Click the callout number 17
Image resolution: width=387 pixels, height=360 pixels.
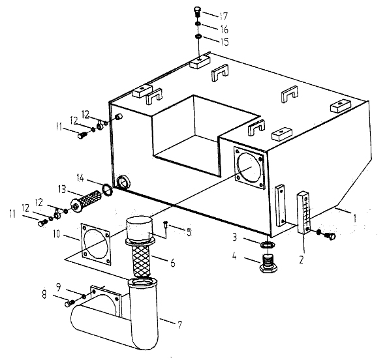point(223,16)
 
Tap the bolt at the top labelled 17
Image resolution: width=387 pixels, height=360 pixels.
point(196,12)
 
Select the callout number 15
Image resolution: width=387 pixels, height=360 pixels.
point(224,42)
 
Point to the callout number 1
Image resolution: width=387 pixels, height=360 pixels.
point(354,218)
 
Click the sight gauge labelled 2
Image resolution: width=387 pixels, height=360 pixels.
point(304,213)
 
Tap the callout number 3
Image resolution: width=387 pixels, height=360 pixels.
point(234,237)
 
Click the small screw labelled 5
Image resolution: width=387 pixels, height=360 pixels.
point(166,225)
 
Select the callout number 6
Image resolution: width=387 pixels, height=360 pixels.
point(173,263)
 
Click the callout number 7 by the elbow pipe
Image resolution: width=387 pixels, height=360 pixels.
point(179,325)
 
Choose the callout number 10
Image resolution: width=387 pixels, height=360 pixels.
point(57,234)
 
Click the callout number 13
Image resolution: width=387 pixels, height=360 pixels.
point(62,190)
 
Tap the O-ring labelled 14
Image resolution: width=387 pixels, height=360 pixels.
point(107,190)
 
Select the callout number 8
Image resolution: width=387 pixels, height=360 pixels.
point(44,294)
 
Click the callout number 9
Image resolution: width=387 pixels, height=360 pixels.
point(59,287)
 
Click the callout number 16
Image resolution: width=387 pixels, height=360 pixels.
point(224,29)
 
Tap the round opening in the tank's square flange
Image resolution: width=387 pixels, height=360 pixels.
point(249,168)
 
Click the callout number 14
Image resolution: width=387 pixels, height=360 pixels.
point(81,177)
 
